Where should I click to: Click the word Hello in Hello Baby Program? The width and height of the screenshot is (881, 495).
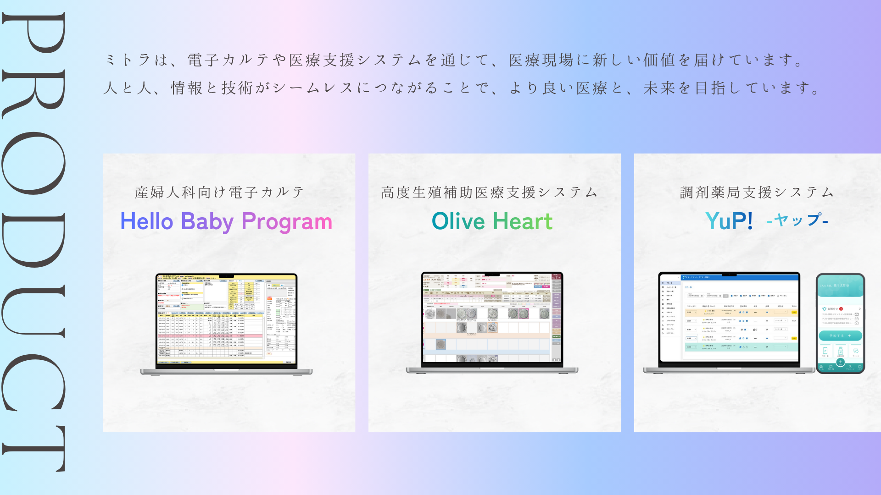146,221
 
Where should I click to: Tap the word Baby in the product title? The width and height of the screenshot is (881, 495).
207,221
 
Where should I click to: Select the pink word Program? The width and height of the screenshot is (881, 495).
287,222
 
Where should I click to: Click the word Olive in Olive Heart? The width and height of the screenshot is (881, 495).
458,221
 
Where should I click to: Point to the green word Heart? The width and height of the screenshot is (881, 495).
523,221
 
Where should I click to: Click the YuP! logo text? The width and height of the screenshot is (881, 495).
729,221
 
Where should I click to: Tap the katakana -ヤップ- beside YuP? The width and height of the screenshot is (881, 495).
797,220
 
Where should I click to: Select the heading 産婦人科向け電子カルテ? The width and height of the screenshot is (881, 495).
220,192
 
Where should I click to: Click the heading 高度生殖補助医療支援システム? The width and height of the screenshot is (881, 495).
490,192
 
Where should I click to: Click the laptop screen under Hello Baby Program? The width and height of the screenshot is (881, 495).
227,319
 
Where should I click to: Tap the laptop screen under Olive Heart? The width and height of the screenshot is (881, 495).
492,317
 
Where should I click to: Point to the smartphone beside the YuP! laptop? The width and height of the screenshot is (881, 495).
840,323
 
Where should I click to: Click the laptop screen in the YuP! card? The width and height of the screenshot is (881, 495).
729,318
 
